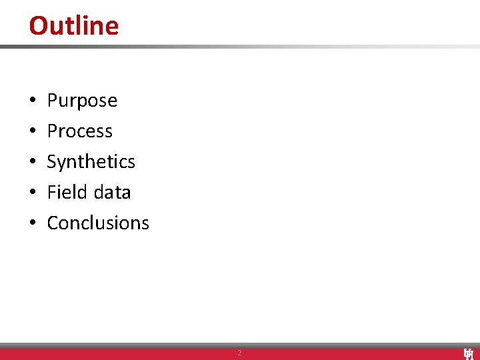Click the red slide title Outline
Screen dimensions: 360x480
point(73,25)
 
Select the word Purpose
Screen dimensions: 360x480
point(82,101)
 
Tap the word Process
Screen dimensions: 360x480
point(79,131)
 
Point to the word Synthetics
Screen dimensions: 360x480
point(91,162)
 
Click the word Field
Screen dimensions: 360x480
point(65,192)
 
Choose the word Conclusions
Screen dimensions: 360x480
point(98,223)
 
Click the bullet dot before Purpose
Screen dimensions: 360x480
point(32,101)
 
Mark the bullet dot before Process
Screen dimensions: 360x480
point(32,132)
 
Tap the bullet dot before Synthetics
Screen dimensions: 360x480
point(32,163)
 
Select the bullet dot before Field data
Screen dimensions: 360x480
point(32,193)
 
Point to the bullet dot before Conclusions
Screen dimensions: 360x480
point(32,224)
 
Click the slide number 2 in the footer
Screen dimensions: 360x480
point(240,353)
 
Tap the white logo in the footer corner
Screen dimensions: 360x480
point(468,353)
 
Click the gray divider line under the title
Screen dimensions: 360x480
point(240,47)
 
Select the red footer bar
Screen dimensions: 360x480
point(133,354)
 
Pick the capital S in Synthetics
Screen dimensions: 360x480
point(52,162)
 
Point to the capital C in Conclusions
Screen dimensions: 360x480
point(53,223)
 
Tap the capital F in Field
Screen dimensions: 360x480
point(51,192)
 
